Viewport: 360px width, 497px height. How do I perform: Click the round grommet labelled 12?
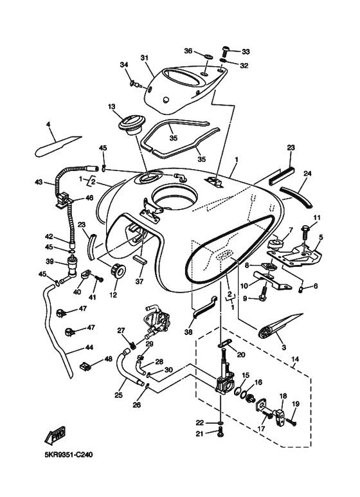[x=117, y=271]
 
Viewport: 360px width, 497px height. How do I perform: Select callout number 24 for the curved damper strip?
[x=307, y=173]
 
